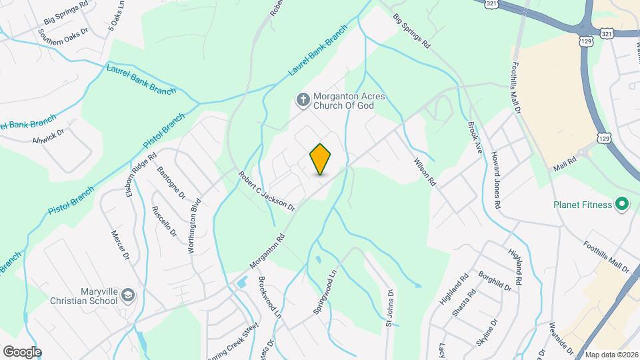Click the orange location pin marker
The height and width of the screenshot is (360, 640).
[321, 159]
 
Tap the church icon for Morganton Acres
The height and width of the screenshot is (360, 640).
[302, 101]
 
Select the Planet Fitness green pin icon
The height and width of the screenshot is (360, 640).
[623, 204]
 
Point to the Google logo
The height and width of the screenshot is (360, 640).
[22, 352]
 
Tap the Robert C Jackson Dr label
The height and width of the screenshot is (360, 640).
[267, 191]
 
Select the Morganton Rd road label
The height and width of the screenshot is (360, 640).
[267, 251]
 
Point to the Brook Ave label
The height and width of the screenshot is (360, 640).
[475, 135]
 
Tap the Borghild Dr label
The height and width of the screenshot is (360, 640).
[495, 280]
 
